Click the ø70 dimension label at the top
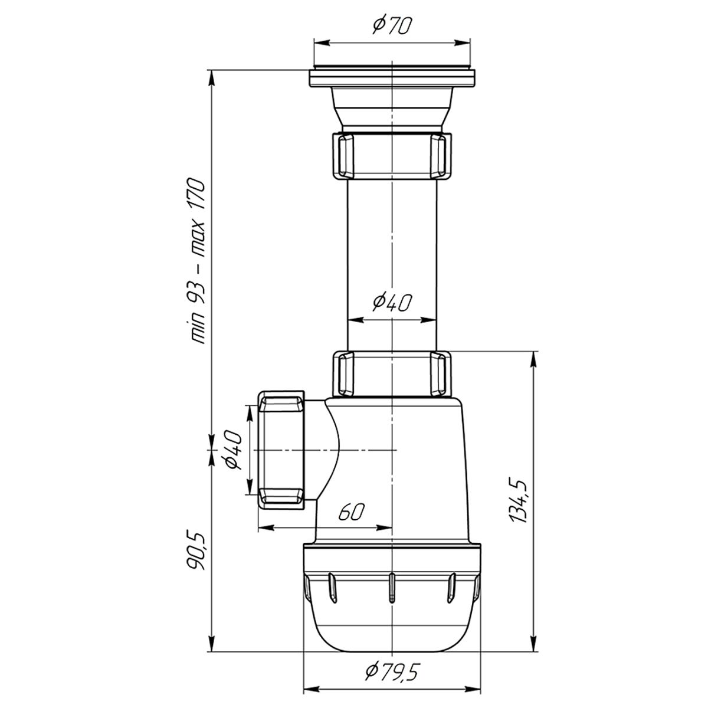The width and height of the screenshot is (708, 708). (391, 27)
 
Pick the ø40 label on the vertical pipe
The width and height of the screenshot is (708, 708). (391, 303)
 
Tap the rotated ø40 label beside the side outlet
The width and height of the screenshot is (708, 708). (233, 450)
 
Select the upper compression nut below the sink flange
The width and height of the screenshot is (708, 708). (392, 156)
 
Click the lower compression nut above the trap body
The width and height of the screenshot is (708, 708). (392, 375)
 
